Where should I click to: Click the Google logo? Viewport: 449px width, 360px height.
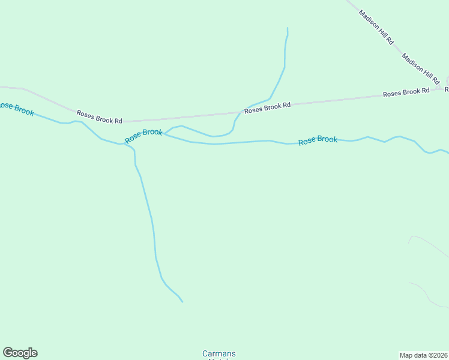click(x=20, y=353)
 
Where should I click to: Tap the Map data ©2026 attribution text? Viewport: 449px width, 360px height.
click(x=423, y=355)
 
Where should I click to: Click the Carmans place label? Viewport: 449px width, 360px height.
click(x=218, y=353)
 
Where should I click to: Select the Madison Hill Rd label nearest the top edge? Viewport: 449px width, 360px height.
click(x=376, y=27)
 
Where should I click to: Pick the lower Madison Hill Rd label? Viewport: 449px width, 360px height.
click(x=421, y=68)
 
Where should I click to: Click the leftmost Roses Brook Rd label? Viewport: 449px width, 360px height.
click(x=99, y=116)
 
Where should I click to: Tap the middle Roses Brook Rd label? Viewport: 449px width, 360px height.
click(x=268, y=107)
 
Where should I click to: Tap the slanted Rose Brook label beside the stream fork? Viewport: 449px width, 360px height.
click(x=143, y=136)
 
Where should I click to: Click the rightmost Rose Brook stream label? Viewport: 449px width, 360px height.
click(x=318, y=140)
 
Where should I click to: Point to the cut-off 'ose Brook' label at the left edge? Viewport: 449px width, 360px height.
click(x=17, y=109)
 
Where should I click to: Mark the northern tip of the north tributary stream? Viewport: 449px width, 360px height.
click(x=288, y=28)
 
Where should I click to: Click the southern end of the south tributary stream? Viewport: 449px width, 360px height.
click(x=182, y=302)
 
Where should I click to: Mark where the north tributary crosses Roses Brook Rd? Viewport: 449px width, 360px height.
click(x=240, y=112)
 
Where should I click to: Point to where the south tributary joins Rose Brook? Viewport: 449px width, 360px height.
click(x=126, y=144)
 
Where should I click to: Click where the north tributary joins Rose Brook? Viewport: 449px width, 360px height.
click(x=165, y=133)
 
